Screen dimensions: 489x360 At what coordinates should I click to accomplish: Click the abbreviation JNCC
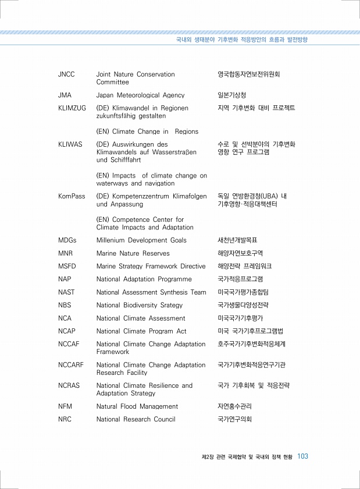pyautogui.click(x=67, y=75)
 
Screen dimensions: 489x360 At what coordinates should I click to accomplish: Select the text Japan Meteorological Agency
pyautogui.click(x=140, y=95)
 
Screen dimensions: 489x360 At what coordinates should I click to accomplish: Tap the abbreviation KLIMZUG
pyautogui.click(x=72, y=108)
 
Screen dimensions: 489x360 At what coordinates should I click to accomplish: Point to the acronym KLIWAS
pyautogui.click(x=70, y=144)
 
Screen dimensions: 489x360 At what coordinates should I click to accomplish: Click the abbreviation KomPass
pyautogui.click(x=72, y=197)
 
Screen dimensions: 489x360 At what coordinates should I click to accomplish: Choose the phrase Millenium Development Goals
pyautogui.click(x=141, y=240)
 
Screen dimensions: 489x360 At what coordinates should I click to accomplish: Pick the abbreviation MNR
pyautogui.click(x=65, y=253)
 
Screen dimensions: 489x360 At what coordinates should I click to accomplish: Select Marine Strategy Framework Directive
pyautogui.click(x=151, y=266)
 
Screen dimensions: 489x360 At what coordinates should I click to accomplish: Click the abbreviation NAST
pyautogui.click(x=66, y=292)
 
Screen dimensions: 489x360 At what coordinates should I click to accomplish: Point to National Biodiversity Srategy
pyautogui.click(x=140, y=305)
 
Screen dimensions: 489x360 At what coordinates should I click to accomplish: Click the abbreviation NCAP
pyautogui.click(x=66, y=331)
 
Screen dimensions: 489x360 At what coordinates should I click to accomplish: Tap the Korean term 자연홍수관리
pyautogui.click(x=234, y=406)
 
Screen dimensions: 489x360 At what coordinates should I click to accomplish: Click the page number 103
pyautogui.click(x=302, y=456)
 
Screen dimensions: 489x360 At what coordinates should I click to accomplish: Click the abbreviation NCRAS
pyautogui.click(x=69, y=385)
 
